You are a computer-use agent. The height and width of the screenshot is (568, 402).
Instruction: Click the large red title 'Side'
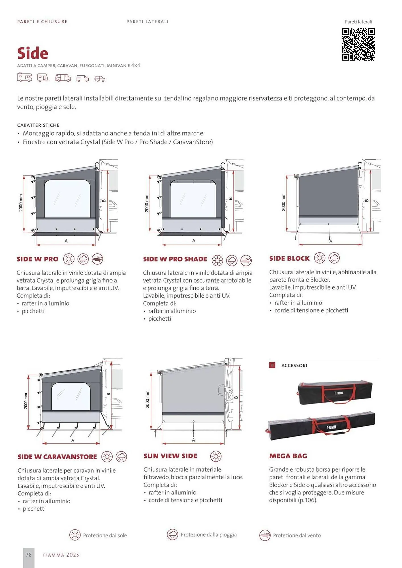coord(33,53)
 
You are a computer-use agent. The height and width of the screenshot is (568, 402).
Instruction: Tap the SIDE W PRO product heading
coord(38,259)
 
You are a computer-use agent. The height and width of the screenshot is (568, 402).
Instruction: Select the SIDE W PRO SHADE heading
coord(175,259)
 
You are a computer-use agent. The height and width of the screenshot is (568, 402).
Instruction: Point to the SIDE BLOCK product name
coord(289,258)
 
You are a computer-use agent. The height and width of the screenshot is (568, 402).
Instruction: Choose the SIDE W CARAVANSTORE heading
coord(57,457)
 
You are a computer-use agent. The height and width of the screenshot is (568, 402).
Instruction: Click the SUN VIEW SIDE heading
coord(170,456)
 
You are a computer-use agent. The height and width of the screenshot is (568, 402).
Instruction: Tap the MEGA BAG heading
coord(288,456)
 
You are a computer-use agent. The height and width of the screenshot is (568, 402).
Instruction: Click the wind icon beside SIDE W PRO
coord(98,259)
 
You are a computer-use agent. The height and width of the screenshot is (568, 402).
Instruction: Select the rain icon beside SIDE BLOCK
coord(334,258)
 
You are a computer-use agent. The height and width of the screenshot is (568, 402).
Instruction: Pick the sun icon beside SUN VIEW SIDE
coord(216,456)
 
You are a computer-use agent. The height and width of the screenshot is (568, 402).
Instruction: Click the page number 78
coord(29,555)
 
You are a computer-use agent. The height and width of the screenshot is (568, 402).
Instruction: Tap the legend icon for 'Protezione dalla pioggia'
coord(172,534)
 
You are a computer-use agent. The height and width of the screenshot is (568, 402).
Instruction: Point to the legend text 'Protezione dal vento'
coord(297,535)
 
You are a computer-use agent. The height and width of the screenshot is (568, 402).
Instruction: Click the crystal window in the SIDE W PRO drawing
coord(67,199)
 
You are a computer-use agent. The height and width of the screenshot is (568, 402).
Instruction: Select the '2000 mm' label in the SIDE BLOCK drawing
coord(283,202)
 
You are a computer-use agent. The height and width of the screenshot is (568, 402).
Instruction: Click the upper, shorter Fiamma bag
coord(335,392)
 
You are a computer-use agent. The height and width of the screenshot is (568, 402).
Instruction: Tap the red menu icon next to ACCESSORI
coord(272,365)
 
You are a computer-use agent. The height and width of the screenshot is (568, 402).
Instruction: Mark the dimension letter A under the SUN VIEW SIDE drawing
coord(193,440)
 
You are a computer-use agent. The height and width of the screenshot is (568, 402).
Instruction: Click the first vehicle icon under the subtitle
coord(24,78)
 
